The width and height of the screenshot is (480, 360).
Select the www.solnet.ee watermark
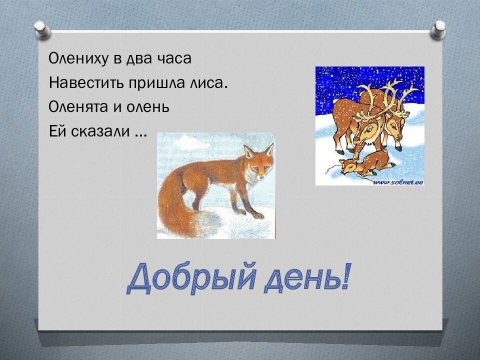(398, 182)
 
